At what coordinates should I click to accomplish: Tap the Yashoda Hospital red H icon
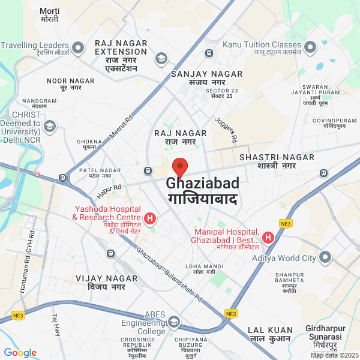(x=151, y=217)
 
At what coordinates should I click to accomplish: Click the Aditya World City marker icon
(x=325, y=257)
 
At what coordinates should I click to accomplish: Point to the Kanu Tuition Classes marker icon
(x=310, y=46)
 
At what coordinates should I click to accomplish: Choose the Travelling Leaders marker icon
(x=77, y=47)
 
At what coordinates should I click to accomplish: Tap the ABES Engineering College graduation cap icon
(x=174, y=322)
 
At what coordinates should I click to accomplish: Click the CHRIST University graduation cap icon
(x=49, y=126)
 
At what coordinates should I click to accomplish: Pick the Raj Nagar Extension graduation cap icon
(x=161, y=58)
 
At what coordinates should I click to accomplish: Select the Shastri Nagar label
(x=277, y=161)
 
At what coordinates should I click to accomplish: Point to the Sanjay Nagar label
(x=206, y=78)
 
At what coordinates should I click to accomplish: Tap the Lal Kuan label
(x=271, y=334)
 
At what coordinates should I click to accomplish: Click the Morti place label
(x=49, y=15)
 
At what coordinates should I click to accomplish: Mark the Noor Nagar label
(x=71, y=84)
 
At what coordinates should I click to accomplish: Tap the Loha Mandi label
(x=200, y=269)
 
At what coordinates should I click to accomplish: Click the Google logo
(x=20, y=353)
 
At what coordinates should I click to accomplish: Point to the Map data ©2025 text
(x=334, y=355)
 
